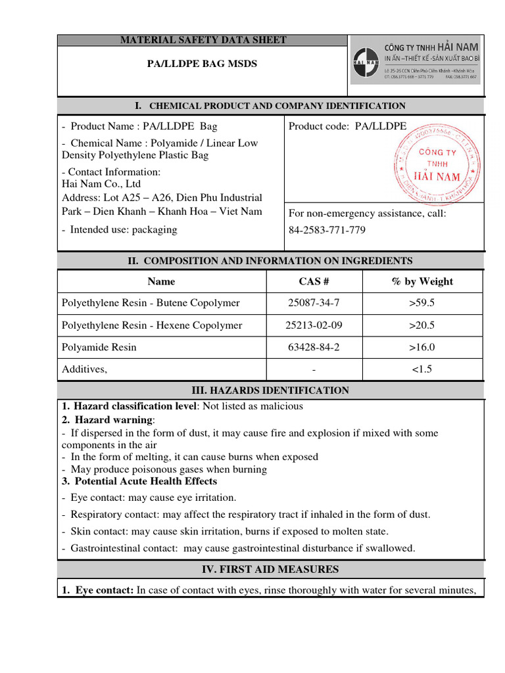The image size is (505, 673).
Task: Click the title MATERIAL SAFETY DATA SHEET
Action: coord(203,40)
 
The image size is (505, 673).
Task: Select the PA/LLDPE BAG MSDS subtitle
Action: coord(201,64)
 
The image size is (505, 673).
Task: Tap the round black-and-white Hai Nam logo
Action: coord(366,66)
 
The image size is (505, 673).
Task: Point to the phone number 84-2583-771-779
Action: coord(327,230)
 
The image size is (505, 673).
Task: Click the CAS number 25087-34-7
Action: coord(314,303)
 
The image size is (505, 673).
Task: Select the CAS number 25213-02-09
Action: coord(314,325)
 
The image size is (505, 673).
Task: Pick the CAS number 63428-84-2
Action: coord(314,347)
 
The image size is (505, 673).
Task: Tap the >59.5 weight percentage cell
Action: coord(421,303)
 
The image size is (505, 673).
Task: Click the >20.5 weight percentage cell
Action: coord(421,325)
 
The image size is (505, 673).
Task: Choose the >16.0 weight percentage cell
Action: coord(421,347)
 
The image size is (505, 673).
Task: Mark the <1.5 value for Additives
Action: coord(421,369)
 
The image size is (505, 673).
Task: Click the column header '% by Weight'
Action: coord(421,281)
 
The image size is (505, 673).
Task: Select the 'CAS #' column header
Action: coord(314,281)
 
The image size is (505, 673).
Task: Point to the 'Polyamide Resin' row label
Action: coord(99,347)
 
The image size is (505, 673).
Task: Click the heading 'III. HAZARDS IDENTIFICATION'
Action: coord(270,390)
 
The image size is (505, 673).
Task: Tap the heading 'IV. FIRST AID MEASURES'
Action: coord(270,569)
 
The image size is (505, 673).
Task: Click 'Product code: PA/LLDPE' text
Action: coord(348,126)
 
